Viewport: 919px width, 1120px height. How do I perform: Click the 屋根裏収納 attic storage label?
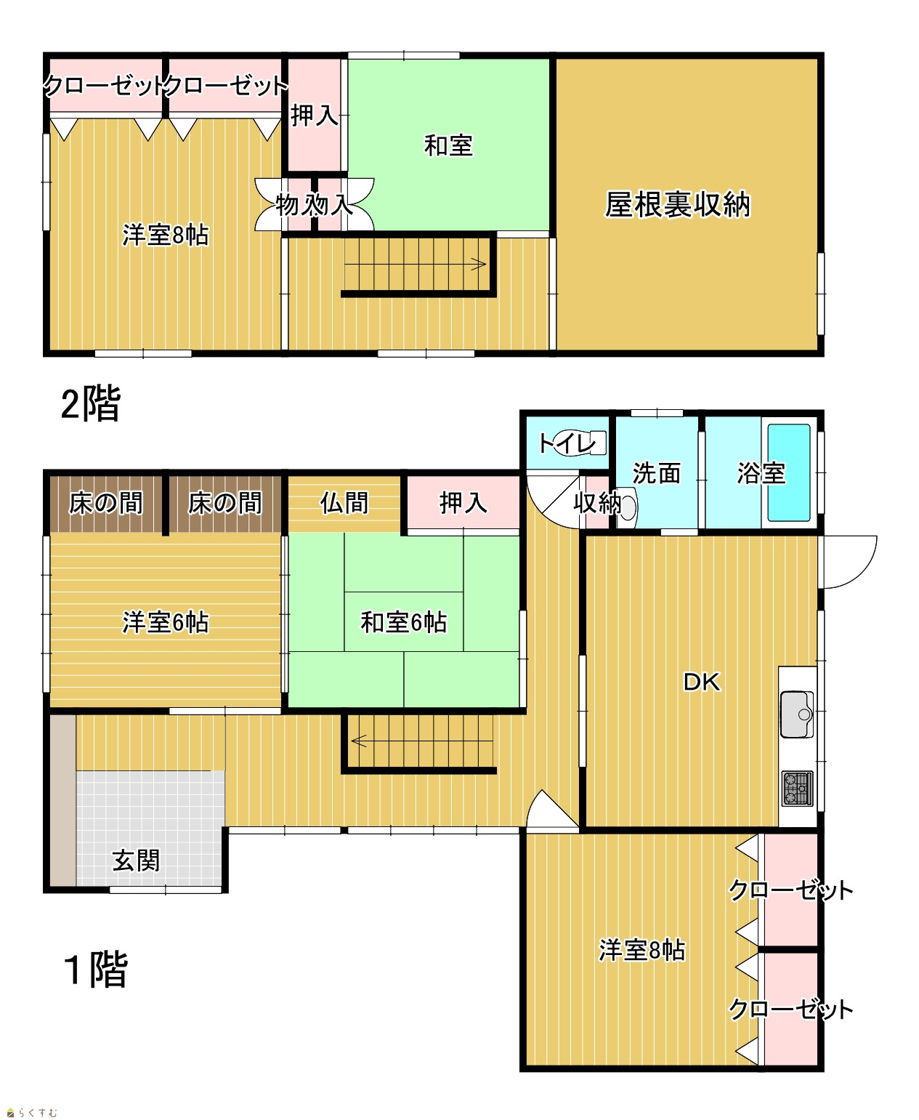678,204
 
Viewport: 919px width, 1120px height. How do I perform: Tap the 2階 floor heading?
91,405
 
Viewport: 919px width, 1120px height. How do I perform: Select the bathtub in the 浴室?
789,472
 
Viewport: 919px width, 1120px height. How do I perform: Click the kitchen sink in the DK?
797,714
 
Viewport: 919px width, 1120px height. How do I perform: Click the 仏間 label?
344,502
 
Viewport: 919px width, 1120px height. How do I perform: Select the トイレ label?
566,443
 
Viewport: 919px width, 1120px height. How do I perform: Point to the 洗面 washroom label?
657,472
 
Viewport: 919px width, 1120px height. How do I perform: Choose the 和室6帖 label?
403,622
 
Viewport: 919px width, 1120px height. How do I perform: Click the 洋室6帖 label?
166,622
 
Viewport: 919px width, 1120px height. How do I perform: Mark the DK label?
702,682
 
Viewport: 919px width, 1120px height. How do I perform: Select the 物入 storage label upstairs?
315,204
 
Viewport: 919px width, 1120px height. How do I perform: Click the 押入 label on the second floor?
315,116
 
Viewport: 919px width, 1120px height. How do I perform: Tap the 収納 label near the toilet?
597,502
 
